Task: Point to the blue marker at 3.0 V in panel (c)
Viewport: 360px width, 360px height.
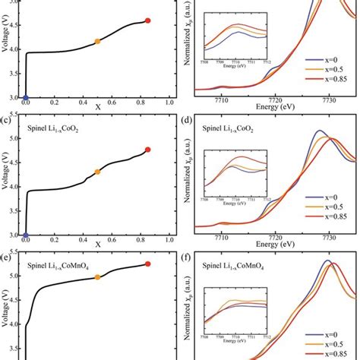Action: (25, 235)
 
